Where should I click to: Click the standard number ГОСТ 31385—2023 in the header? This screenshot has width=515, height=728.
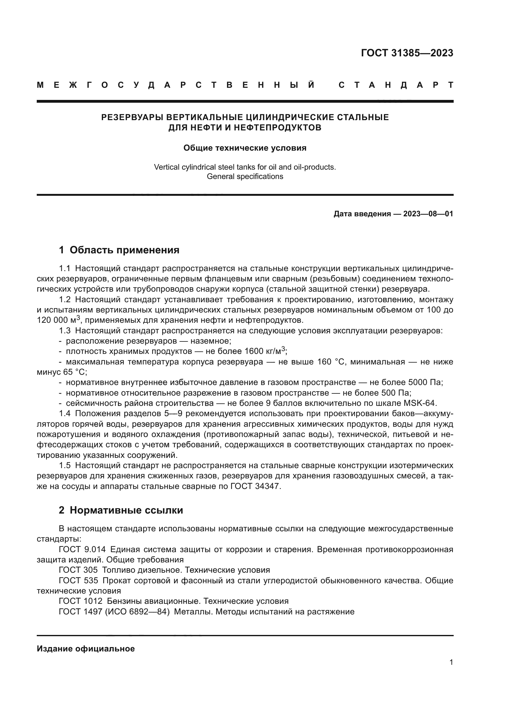pyautogui.click(x=407, y=53)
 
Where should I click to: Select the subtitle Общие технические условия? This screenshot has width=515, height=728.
pyautogui.click(x=245, y=148)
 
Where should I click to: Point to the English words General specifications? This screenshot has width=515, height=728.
pyautogui.click(x=245, y=176)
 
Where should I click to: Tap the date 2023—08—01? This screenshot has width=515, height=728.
pyautogui.click(x=428, y=214)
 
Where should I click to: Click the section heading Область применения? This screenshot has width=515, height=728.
pyautogui.click(x=124, y=250)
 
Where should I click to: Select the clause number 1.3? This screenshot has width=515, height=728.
pyautogui.click(x=65, y=331)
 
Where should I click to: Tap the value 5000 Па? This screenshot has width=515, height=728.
pyautogui.click(x=423, y=383)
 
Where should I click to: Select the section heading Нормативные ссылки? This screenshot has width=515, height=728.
pyautogui.click(x=126, y=510)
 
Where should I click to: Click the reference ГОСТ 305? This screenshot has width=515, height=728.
pyautogui.click(x=78, y=570)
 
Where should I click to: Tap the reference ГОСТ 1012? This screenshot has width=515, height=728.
pyautogui.click(x=81, y=601)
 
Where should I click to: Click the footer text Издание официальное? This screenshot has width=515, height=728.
pyautogui.click(x=86, y=649)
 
